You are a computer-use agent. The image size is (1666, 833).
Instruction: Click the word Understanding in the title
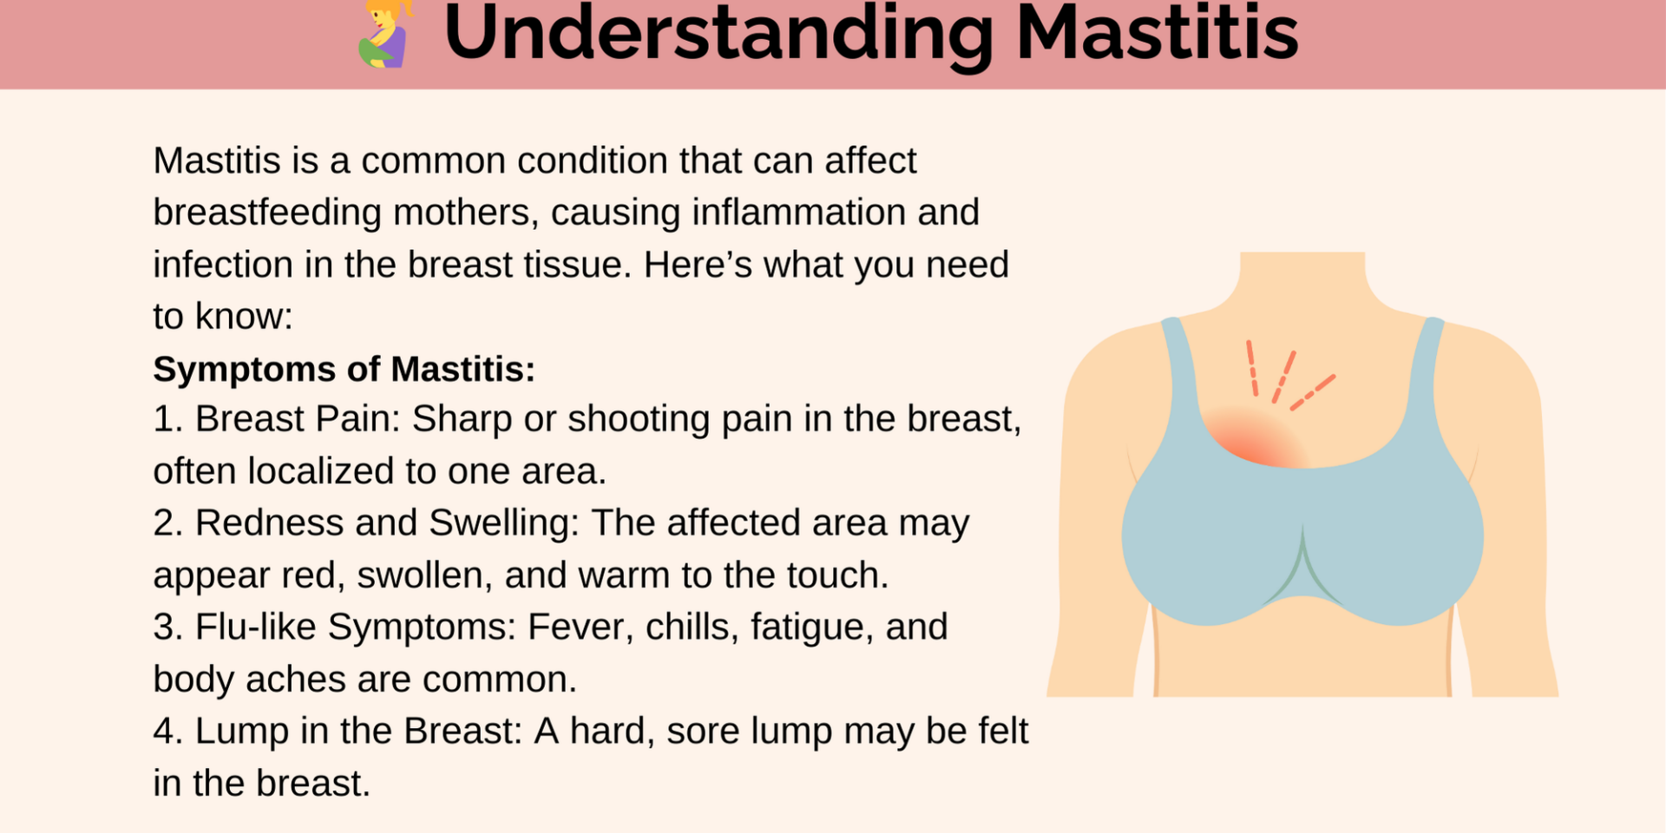point(718,35)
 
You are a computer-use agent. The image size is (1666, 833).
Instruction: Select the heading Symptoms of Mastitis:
point(344,369)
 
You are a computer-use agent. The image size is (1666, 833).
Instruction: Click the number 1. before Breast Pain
point(168,419)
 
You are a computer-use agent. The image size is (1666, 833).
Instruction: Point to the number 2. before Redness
point(168,523)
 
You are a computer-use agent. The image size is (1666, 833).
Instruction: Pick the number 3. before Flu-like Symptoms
point(168,627)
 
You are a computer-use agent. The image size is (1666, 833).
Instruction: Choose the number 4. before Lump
point(168,731)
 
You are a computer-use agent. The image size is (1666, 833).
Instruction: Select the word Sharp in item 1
point(462,420)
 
